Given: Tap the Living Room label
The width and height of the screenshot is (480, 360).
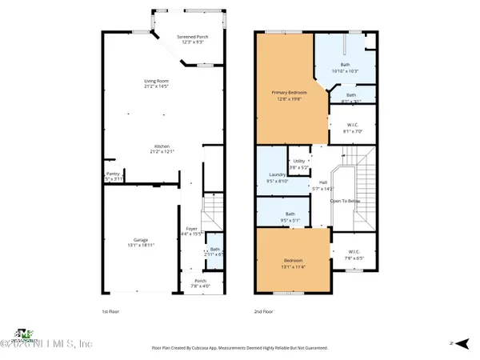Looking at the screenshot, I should pos(160,81).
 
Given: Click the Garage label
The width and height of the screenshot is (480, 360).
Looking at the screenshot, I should pos(140,240).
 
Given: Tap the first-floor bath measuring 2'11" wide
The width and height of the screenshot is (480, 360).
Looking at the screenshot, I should pos(214,250).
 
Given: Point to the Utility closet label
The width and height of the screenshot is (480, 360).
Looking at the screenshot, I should pos(298,161).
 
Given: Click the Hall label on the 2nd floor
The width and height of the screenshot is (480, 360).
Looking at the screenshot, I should pos(322,182).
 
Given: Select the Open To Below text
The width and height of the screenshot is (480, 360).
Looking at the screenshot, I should pos(345,201).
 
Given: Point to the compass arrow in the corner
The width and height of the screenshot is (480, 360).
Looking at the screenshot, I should pos(453,342).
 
